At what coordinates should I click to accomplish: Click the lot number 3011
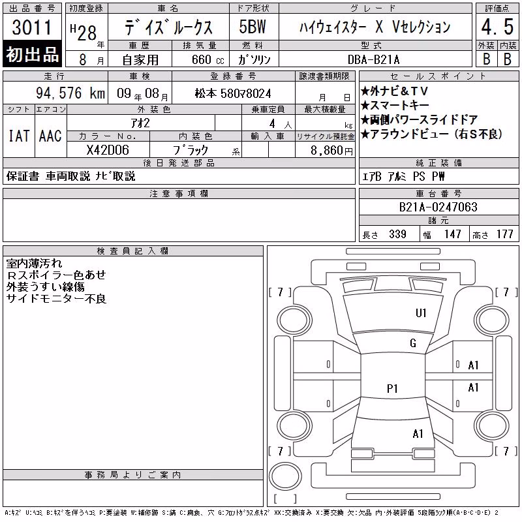(x=32, y=27)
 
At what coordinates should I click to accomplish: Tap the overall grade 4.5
(x=497, y=27)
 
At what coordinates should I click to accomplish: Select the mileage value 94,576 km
(x=70, y=93)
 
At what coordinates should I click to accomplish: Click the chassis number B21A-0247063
(x=438, y=207)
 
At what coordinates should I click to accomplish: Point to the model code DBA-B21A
(x=373, y=59)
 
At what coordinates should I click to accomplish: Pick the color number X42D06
(x=108, y=150)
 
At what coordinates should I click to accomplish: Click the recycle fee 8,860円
(x=331, y=151)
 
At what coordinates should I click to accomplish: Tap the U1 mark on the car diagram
(x=421, y=313)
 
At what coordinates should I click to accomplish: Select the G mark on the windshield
(x=413, y=343)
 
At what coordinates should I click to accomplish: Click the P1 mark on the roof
(x=392, y=388)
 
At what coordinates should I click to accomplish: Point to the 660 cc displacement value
(x=207, y=60)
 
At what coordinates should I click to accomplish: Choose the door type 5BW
(x=253, y=27)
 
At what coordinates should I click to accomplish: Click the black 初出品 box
(x=32, y=54)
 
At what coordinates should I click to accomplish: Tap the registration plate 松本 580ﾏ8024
(x=233, y=93)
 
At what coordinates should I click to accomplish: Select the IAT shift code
(x=19, y=136)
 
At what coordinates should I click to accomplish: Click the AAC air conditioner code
(x=50, y=136)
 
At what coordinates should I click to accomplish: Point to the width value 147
(x=452, y=234)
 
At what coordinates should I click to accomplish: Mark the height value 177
(x=504, y=234)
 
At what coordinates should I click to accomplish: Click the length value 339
(x=397, y=234)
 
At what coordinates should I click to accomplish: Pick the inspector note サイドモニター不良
(x=56, y=299)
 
